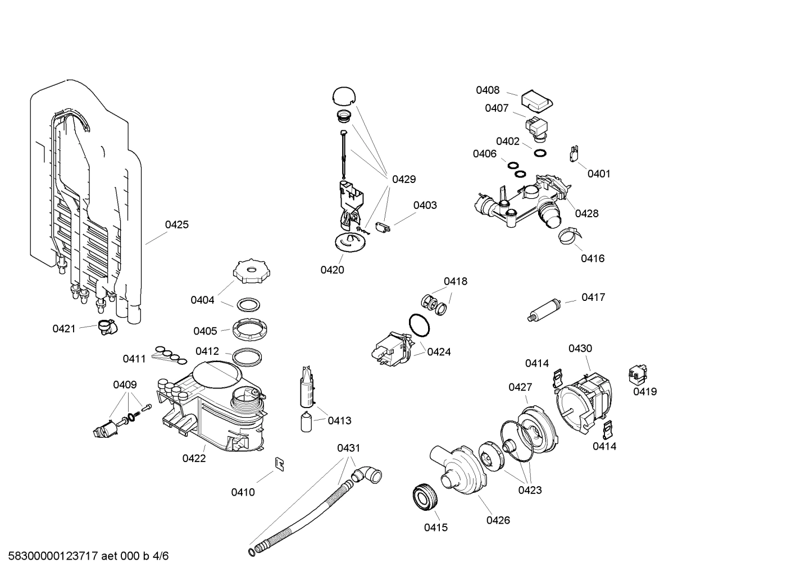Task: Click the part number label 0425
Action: (x=176, y=225)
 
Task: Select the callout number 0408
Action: (x=488, y=90)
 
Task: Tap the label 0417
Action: (x=593, y=297)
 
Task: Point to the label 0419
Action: (x=645, y=392)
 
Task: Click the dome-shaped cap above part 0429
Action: (x=344, y=95)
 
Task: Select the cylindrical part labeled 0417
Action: (x=544, y=309)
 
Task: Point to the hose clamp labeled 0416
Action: (x=569, y=235)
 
